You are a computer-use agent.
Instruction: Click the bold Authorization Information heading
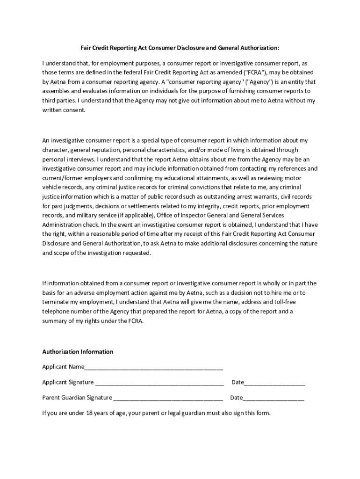[x=78, y=351]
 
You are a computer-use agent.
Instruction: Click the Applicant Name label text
[x=63, y=367]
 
